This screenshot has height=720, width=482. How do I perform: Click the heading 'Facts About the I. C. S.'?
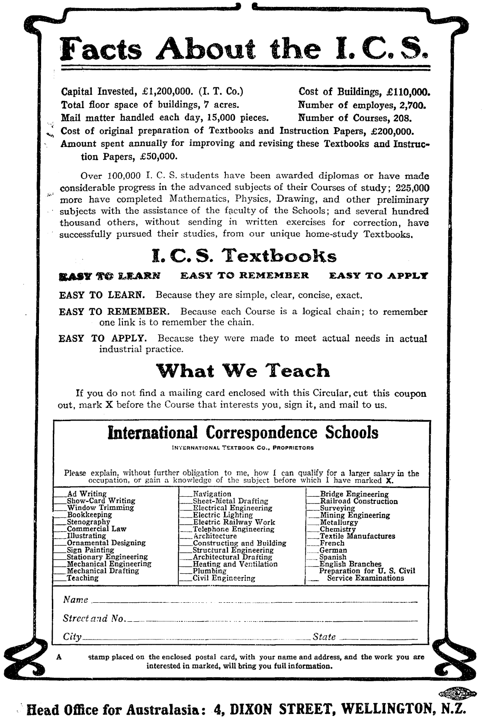click(245, 49)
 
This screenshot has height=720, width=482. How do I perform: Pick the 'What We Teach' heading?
click(243, 371)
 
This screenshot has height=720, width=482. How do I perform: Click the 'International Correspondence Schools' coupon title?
click(243, 432)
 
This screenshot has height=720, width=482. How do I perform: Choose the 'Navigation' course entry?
click(212, 494)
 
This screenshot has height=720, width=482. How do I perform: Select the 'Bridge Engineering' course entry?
click(353, 494)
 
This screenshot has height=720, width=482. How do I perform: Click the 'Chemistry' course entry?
click(337, 529)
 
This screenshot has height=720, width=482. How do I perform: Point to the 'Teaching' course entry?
click(82, 578)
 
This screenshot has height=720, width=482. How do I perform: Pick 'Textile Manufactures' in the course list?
click(357, 536)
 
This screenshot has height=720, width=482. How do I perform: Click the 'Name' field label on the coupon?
click(76, 600)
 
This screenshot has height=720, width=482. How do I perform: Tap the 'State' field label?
click(324, 636)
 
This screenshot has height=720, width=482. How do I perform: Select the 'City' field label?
click(72, 636)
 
